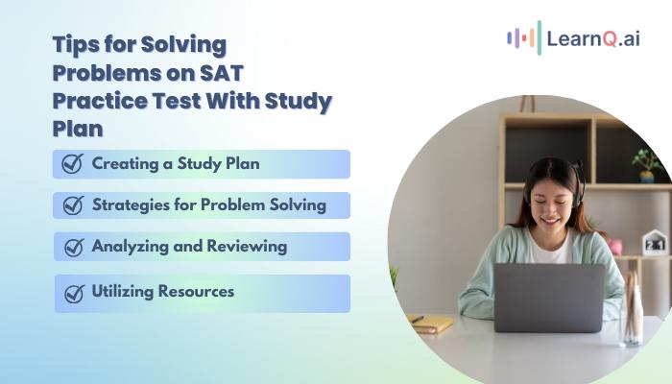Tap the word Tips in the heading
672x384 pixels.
click(x=77, y=44)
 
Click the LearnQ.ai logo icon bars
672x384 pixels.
click(x=524, y=38)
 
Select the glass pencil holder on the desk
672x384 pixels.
click(x=631, y=309)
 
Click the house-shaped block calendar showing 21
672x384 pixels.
click(x=656, y=243)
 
